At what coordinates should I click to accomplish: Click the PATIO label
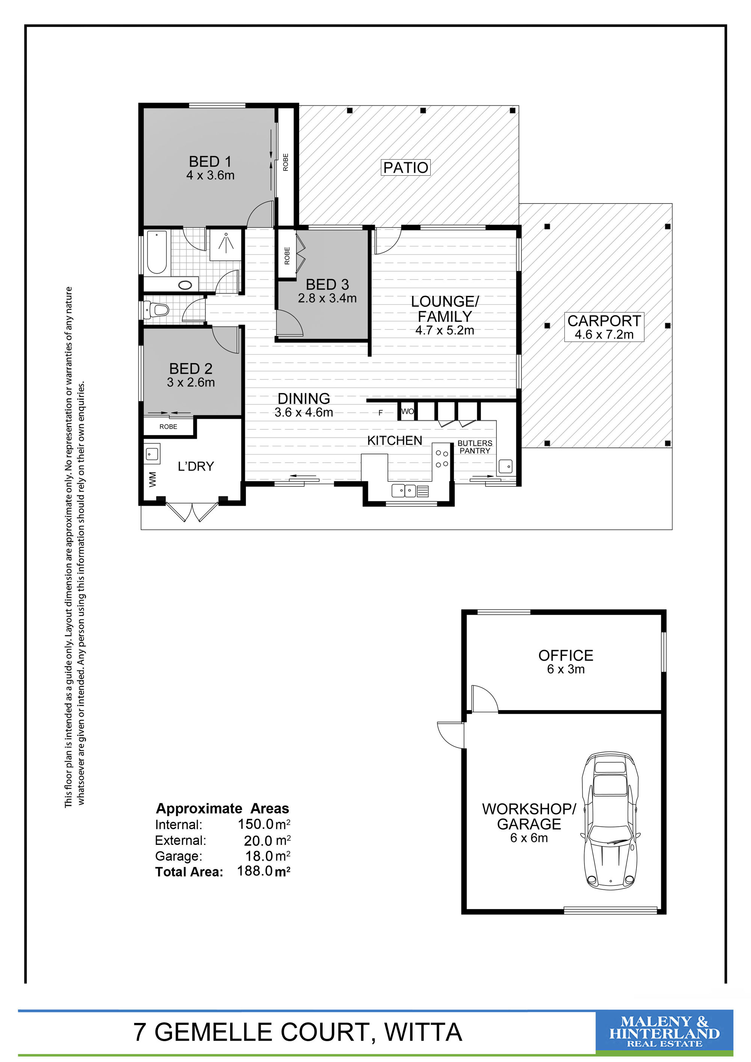(406, 167)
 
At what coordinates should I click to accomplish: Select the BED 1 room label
(210, 161)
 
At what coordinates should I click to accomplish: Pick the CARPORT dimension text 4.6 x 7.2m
(604, 335)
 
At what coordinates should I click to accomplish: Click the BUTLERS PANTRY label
(475, 447)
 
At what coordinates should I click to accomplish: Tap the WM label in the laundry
(152, 479)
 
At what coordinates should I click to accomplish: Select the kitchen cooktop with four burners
(442, 456)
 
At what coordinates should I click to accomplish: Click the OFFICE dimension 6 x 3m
(566, 669)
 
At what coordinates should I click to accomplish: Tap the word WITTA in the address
(423, 1032)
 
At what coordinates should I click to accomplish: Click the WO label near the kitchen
(407, 411)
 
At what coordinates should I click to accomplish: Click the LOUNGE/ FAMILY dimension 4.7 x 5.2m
(444, 330)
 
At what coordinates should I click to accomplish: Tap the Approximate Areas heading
(222, 809)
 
